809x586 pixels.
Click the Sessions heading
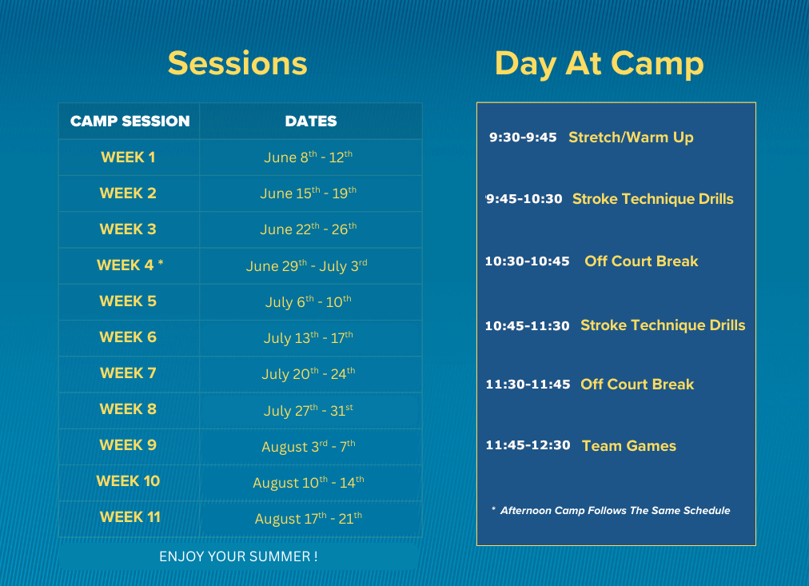click(237, 63)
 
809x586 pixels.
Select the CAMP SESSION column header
click(130, 122)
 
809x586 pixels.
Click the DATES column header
click(311, 122)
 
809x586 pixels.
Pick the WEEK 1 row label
click(128, 157)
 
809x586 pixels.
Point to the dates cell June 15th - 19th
click(309, 193)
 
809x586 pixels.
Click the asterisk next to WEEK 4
click(161, 262)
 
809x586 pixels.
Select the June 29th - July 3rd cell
click(306, 265)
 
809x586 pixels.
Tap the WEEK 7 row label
click(128, 373)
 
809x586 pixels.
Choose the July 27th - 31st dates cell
click(309, 411)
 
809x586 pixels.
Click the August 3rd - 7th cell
click(309, 446)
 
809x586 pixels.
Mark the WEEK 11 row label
click(130, 517)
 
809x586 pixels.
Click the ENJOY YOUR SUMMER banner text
click(238, 556)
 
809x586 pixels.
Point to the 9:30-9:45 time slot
click(523, 138)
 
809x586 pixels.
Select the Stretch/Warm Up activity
click(631, 138)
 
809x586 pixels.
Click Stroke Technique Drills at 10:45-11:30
click(663, 325)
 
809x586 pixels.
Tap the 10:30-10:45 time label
click(528, 261)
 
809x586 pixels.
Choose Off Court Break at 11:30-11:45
click(637, 385)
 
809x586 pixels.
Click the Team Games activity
click(629, 445)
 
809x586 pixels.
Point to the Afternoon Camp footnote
click(611, 511)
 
